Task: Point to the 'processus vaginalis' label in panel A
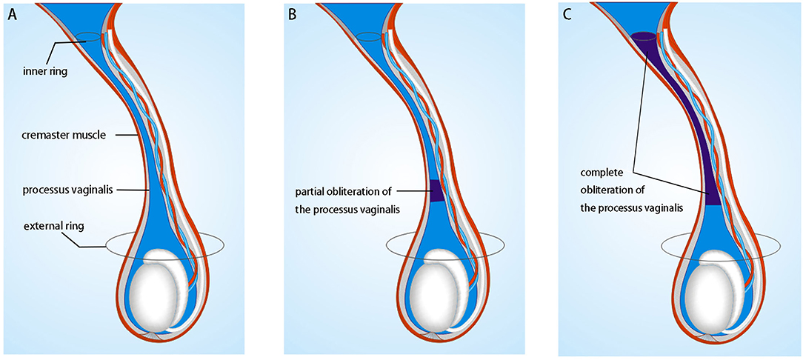(64, 190)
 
